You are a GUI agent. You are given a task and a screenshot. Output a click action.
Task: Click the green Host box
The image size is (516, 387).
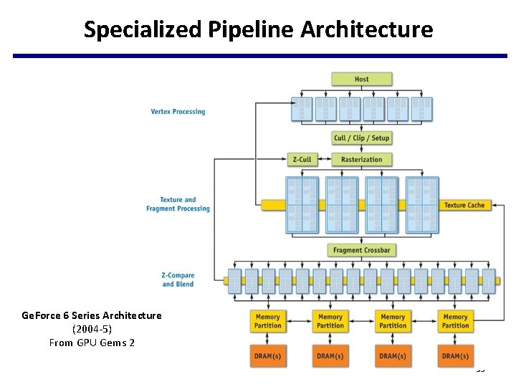(x=361, y=79)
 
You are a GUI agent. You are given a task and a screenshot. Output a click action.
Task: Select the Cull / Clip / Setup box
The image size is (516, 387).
(x=361, y=138)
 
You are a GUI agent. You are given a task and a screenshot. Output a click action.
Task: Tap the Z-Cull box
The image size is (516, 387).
(x=302, y=159)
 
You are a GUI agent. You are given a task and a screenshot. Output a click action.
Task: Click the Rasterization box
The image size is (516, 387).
(x=361, y=159)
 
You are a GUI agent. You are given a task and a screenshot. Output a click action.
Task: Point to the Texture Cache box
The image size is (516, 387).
(x=464, y=205)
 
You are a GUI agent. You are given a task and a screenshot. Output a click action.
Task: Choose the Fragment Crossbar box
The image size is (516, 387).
(x=361, y=250)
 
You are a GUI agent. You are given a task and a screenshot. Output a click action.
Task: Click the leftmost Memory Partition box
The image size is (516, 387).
(x=267, y=320)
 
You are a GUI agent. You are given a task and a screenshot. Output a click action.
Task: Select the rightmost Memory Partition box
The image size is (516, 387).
(x=455, y=320)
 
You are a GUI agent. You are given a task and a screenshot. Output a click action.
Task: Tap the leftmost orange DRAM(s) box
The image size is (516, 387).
(x=267, y=356)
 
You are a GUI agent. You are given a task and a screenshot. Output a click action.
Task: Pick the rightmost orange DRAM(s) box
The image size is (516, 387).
(x=455, y=356)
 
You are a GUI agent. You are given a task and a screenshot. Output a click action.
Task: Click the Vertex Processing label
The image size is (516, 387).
(x=178, y=112)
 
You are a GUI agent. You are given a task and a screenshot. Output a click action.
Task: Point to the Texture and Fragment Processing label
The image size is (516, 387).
(x=178, y=204)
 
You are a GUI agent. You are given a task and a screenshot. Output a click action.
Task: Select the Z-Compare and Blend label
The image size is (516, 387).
(x=178, y=279)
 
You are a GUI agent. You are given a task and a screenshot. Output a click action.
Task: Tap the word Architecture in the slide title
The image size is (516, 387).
(x=366, y=29)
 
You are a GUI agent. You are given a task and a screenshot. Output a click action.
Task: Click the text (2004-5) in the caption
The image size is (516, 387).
(x=92, y=329)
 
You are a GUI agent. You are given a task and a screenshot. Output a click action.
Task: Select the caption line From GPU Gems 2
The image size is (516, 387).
(x=92, y=343)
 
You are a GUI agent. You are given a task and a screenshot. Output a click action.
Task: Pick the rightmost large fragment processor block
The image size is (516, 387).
(x=422, y=205)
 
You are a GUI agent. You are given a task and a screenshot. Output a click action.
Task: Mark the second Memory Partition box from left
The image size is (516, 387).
(x=330, y=320)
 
